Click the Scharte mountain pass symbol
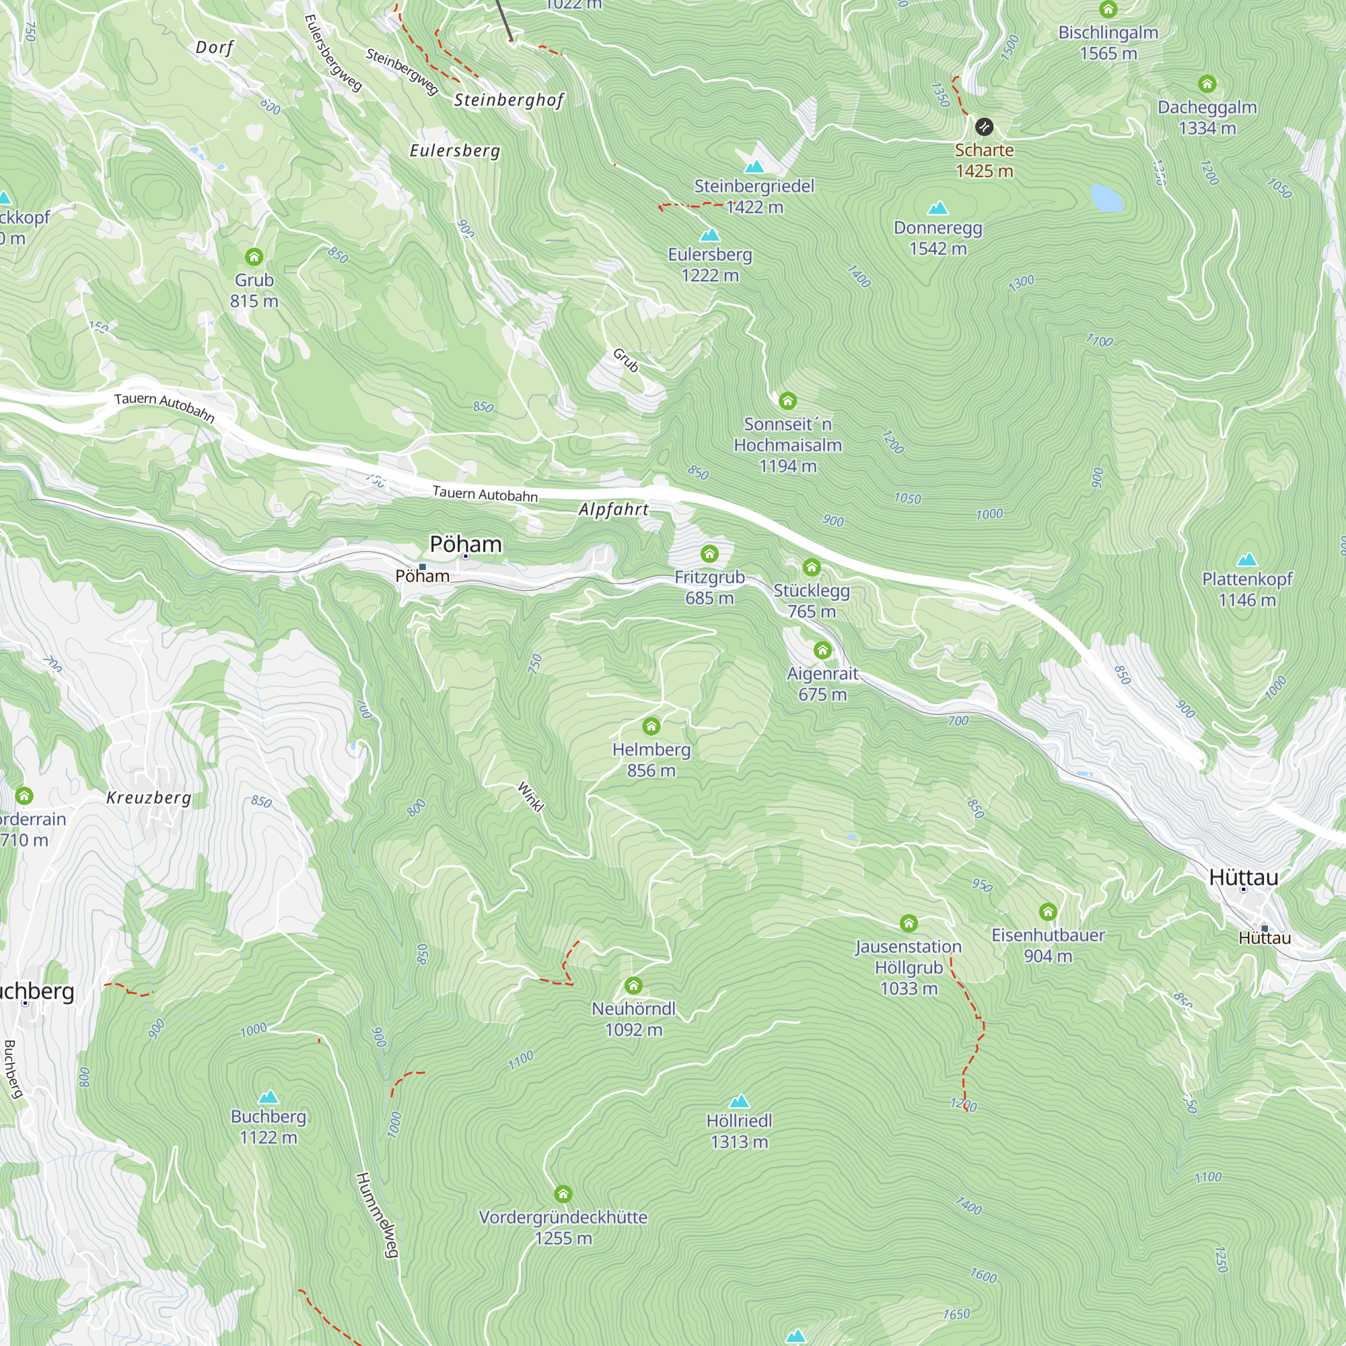click(984, 127)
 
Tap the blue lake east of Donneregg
click(1106, 197)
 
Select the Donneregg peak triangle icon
click(937, 209)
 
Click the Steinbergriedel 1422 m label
click(754, 197)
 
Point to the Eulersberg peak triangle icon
click(709, 235)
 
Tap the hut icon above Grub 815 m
click(254, 257)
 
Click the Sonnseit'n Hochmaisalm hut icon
click(787, 400)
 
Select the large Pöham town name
click(466, 544)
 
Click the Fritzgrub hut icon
click(709, 554)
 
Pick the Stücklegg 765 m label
click(811, 600)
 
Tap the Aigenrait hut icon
click(822, 650)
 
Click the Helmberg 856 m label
click(651, 759)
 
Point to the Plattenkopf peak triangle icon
click(1246, 559)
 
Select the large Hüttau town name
click(1244, 877)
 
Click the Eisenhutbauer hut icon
click(1048, 911)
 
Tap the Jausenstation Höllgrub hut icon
click(908, 923)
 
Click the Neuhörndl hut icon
click(633, 985)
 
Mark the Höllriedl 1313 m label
click(738, 1131)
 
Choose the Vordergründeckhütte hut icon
click(563, 1193)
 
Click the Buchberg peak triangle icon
click(269, 1097)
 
